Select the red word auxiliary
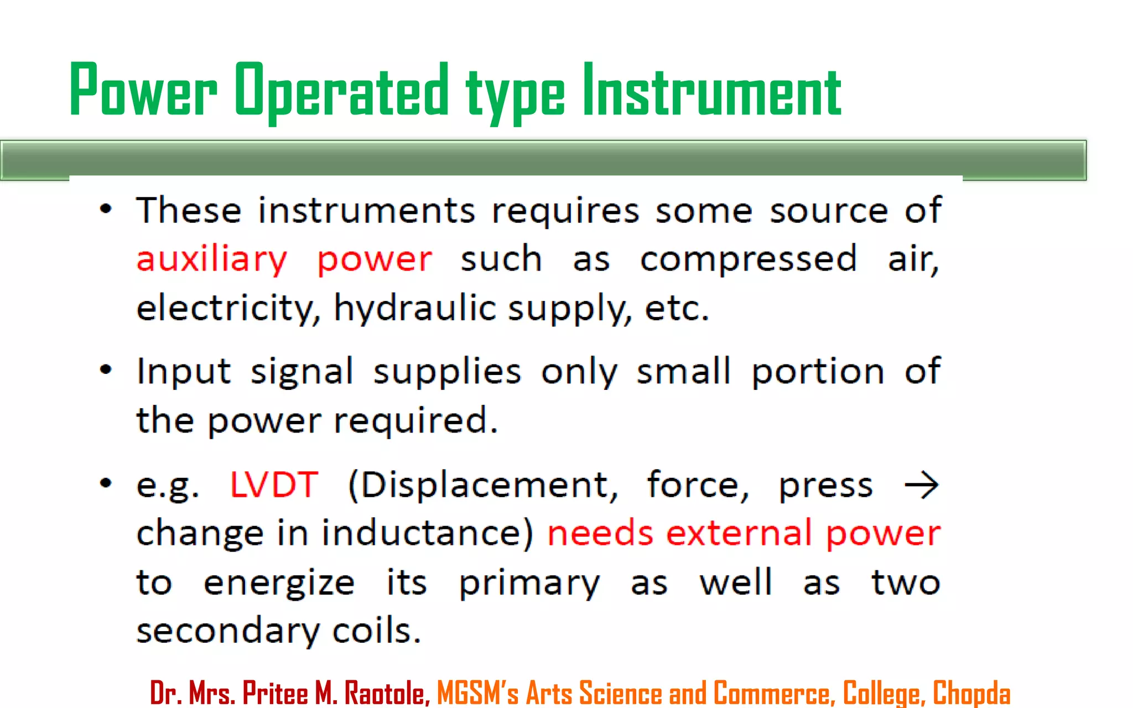(x=212, y=259)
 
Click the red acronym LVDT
(x=274, y=485)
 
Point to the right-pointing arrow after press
(x=921, y=485)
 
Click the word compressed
(x=749, y=259)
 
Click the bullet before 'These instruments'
(x=106, y=209)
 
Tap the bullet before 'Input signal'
(x=106, y=369)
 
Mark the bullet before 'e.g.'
(x=106, y=483)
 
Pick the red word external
(x=739, y=533)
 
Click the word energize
(x=279, y=583)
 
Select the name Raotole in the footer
(x=387, y=693)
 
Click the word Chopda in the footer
(x=971, y=693)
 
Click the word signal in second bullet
(x=302, y=371)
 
